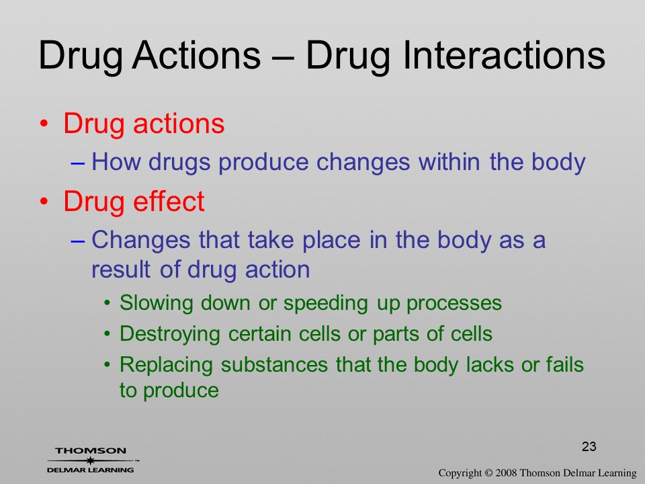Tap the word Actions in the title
tap(197, 55)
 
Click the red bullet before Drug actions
tap(44, 124)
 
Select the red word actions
tap(179, 123)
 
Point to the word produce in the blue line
tap(263, 162)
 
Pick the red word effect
tap(169, 201)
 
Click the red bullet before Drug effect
tap(44, 202)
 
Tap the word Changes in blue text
tap(140, 240)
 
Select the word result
tap(121, 270)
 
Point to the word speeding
tap(325, 304)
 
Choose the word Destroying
tap(170, 334)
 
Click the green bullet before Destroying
tap(107, 334)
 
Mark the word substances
tap(274, 364)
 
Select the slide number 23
tap(589, 446)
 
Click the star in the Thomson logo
tap(90, 460)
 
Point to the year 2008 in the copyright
tap(507, 473)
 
